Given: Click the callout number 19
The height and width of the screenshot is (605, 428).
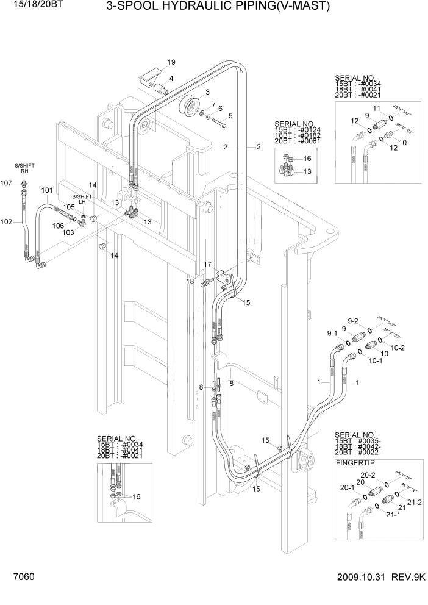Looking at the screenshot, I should [x=171, y=62].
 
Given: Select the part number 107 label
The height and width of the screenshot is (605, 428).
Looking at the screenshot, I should [x=6, y=183].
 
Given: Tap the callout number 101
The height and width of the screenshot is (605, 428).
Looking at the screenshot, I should [x=47, y=190].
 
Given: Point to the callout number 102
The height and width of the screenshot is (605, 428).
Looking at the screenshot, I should [x=6, y=222].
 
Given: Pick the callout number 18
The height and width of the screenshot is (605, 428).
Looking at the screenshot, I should [x=190, y=281].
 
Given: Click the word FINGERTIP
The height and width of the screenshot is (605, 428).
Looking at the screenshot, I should [x=356, y=463].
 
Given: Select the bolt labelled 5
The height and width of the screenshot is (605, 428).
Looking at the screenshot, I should [x=219, y=124].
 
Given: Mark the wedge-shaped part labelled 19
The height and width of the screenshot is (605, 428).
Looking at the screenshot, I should [x=149, y=77].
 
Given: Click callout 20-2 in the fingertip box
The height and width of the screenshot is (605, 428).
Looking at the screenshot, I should [x=368, y=475].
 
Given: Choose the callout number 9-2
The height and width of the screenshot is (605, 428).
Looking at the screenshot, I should [x=353, y=321].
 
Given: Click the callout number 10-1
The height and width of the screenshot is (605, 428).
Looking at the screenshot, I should [x=377, y=360].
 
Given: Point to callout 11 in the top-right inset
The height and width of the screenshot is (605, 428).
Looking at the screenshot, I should [x=376, y=108].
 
